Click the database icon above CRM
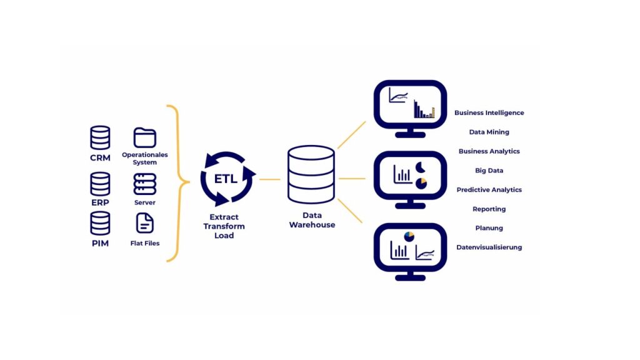coord(100,138)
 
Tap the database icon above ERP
coord(100,184)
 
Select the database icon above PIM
coord(100,223)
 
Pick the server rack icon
coord(145,184)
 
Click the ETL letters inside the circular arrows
coord(226,179)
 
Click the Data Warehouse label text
coord(312,221)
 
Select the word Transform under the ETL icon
coord(224,226)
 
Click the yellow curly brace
coord(177,182)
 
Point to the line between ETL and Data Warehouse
coord(269,179)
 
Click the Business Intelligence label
coord(489,113)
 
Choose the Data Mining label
coord(489,132)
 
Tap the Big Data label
coord(489,171)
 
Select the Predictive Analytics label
coord(489,190)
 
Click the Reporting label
coord(489,209)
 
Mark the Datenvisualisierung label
coord(489,247)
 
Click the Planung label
coord(489,228)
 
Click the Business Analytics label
coord(489,152)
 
